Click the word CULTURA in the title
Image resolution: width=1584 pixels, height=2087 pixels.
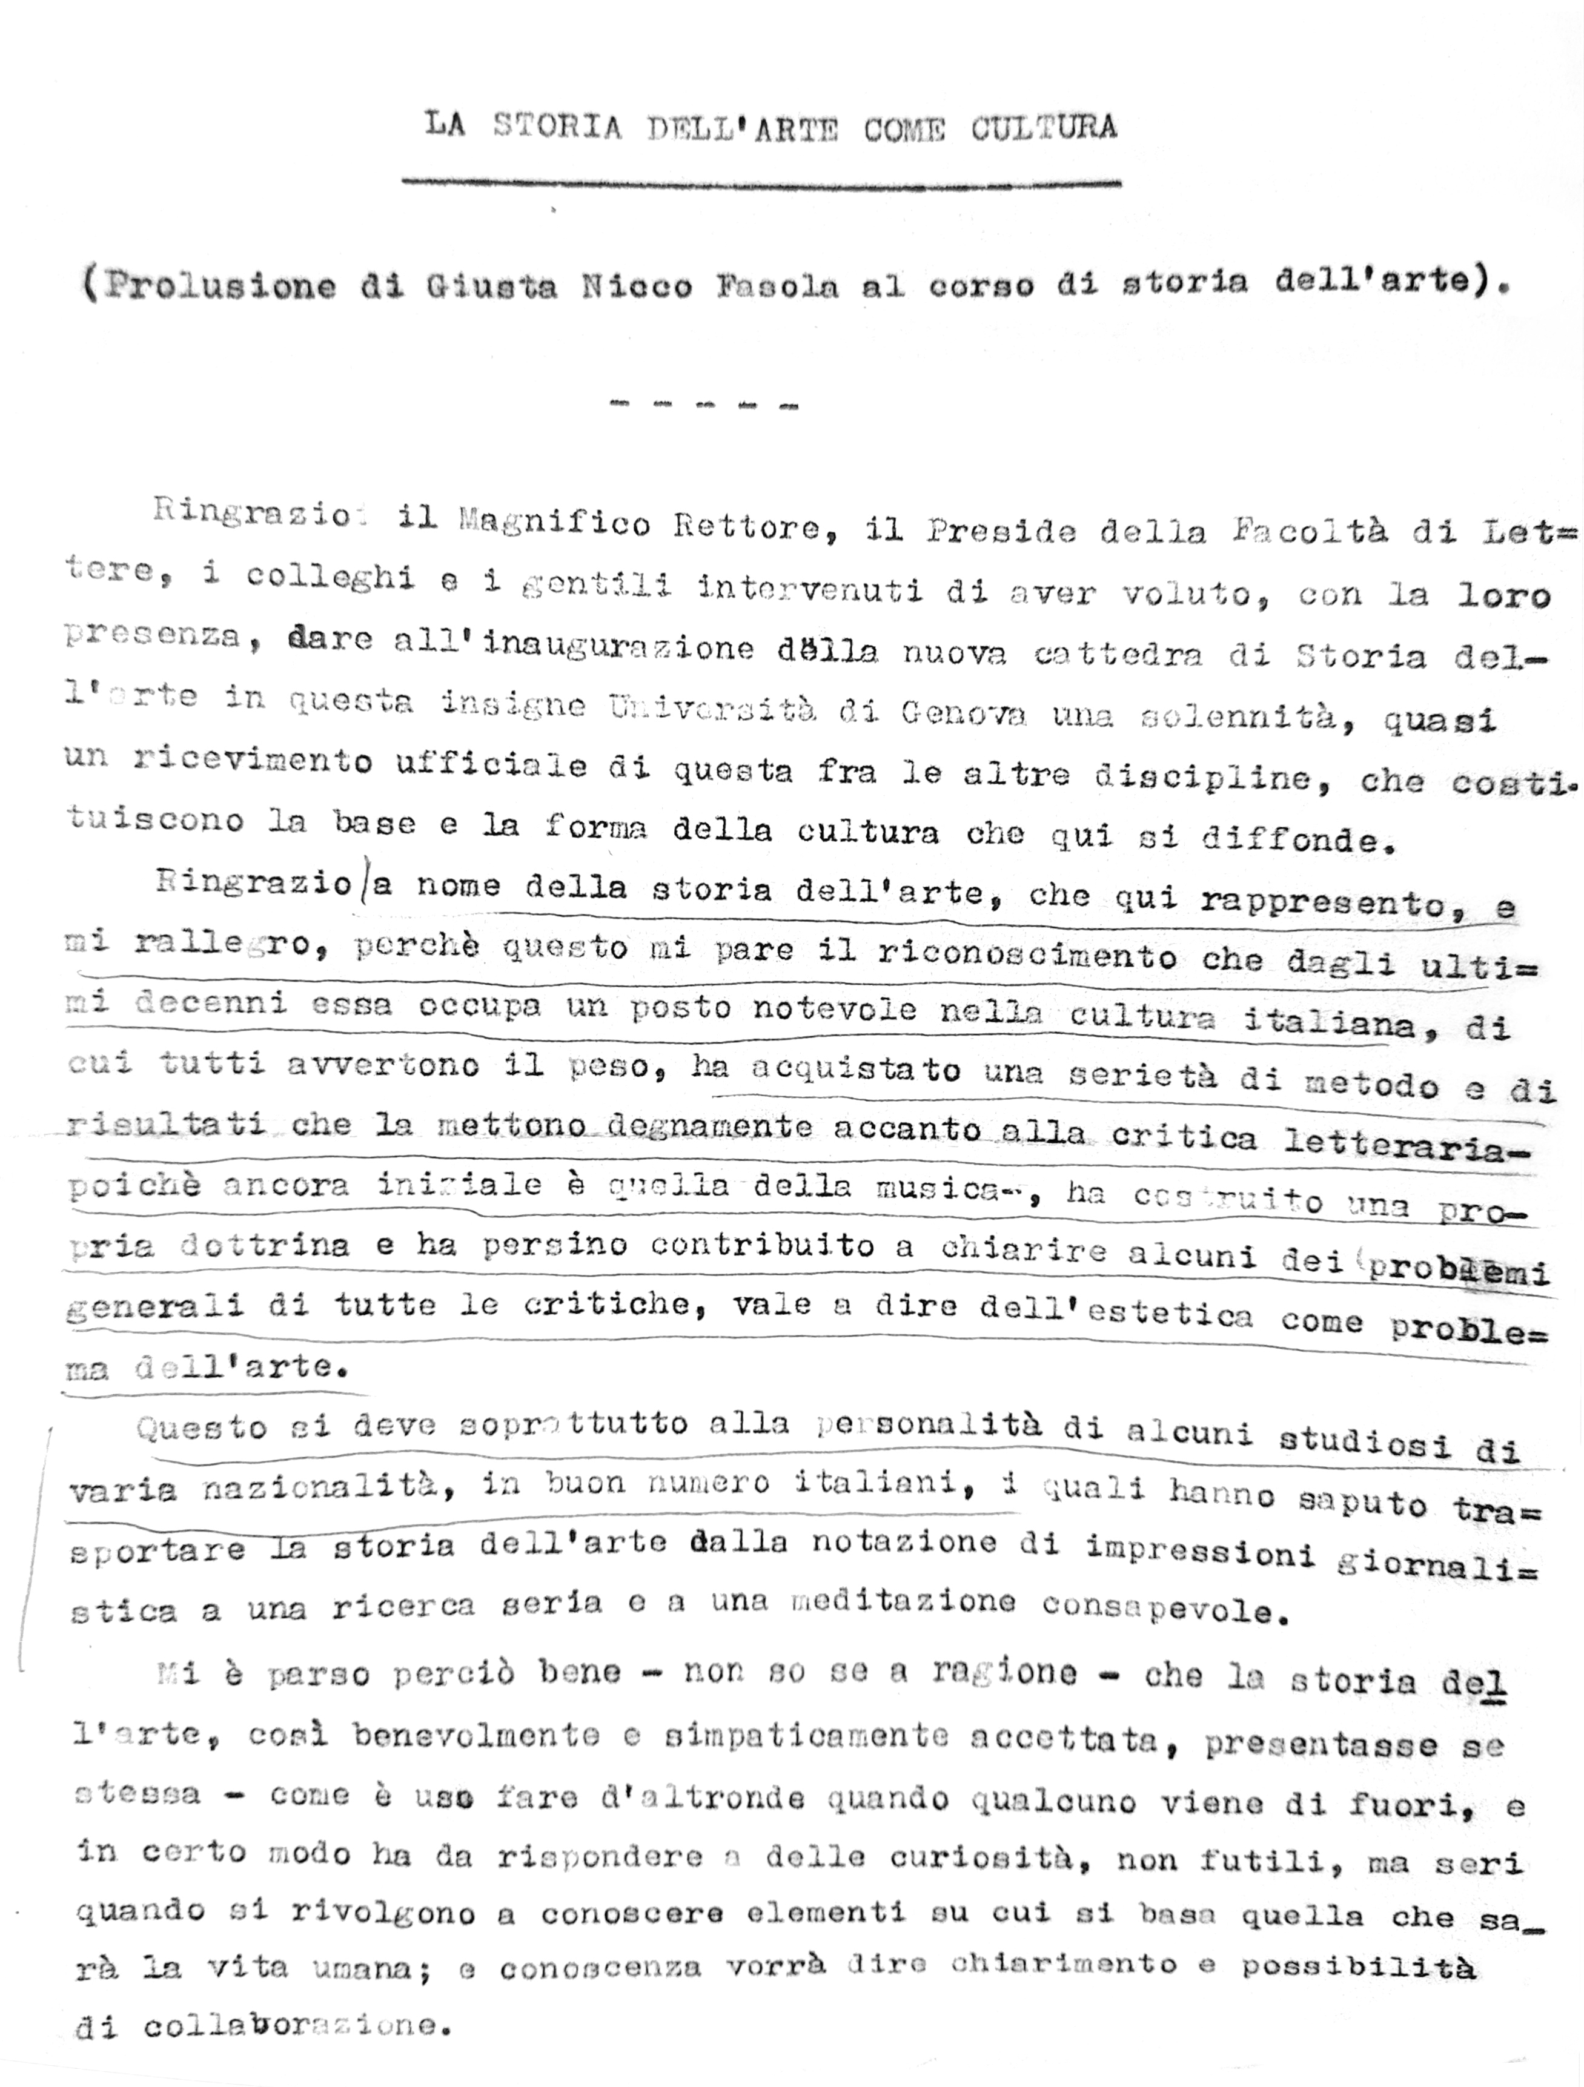tap(1044, 127)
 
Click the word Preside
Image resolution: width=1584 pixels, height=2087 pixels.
tap(1001, 531)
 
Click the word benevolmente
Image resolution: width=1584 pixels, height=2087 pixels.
tap(477, 1734)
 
